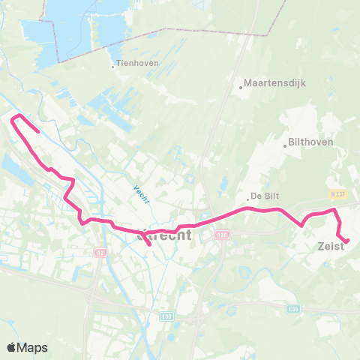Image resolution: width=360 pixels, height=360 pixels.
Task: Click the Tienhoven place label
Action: (x=138, y=64)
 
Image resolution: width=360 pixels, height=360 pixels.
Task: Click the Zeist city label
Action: (x=330, y=246)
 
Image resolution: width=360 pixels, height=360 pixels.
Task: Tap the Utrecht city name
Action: (x=165, y=235)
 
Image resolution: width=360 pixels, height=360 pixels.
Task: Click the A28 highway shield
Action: (x=222, y=235)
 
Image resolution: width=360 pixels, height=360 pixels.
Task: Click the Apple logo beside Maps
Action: (x=13, y=347)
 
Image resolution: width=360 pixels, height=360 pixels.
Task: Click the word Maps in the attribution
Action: (x=34, y=347)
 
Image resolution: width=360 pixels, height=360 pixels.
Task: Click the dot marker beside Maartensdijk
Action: (x=241, y=87)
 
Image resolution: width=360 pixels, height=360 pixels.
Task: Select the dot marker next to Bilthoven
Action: (x=285, y=145)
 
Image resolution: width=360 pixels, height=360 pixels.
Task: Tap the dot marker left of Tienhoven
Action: (x=113, y=66)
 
